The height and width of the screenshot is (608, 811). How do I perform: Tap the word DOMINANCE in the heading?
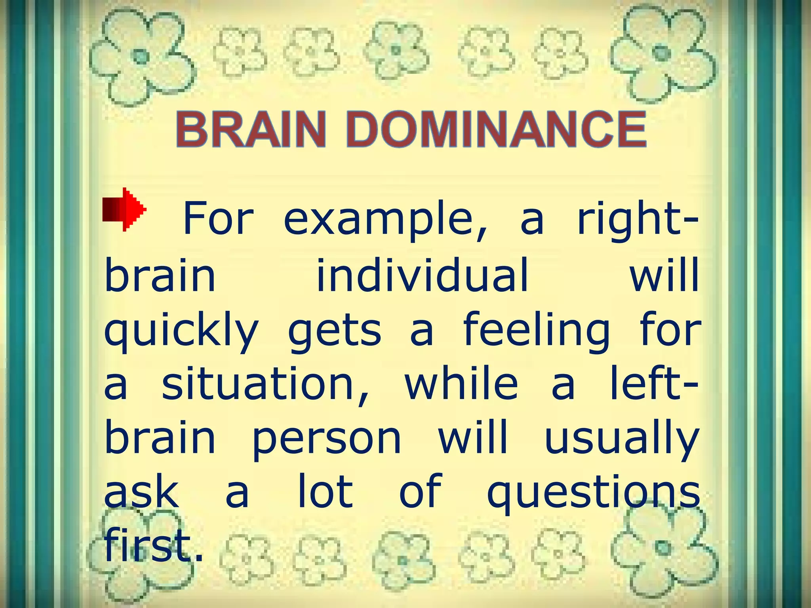point(497,129)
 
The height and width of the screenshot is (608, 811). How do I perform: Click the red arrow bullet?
point(124,209)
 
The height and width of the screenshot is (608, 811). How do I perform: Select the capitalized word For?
point(217,219)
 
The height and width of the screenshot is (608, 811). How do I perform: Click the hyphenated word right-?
point(637,219)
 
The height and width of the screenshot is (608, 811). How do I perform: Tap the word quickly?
point(181,332)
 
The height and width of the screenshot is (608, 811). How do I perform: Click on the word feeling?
point(536,332)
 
